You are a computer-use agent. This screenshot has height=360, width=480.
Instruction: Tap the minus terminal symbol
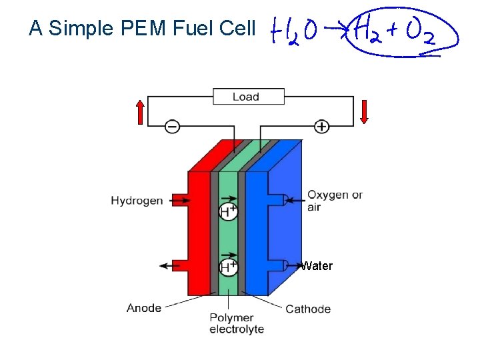pos(172,126)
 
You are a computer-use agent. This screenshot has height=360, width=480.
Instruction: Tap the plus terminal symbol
pos(322,126)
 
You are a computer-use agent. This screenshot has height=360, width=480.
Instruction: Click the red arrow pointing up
pos(139,112)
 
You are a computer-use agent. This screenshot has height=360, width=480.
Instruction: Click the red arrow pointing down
pos(364,111)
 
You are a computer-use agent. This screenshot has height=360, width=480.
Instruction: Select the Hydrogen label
pos(137,200)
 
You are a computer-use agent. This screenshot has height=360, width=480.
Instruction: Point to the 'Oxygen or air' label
pos(335,201)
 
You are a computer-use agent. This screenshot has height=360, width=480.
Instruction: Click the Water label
pos(317,266)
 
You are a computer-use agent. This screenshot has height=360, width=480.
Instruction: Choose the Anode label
pos(144,307)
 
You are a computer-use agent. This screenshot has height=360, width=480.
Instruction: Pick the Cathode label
pos(308,309)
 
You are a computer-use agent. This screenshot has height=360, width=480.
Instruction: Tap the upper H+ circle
pos(229,212)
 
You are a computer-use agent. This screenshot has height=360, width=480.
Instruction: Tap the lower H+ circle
pos(229,267)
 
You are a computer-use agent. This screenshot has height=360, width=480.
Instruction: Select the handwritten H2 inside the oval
pos(368,31)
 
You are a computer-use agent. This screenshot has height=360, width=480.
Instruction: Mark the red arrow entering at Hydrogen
pos(178,199)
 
